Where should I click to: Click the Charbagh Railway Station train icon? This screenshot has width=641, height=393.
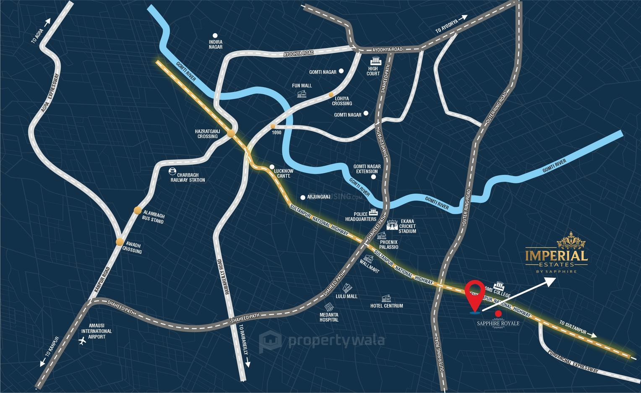click(172, 171)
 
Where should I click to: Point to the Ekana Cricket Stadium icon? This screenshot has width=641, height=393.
click(392, 226)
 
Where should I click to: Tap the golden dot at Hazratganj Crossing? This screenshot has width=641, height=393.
click(231, 134)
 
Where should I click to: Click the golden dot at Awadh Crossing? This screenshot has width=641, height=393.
click(120, 241)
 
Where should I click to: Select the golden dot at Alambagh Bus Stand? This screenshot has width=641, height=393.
click(138, 210)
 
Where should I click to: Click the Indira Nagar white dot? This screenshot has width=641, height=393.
click(215, 36)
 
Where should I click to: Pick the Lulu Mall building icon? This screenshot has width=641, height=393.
click(347, 288)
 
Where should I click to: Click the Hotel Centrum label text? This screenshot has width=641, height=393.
click(386, 306)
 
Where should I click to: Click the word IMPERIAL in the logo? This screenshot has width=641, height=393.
click(556, 255)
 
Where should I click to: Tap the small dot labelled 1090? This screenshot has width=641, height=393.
click(273, 126)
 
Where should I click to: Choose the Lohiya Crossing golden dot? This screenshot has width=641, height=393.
click(331, 94)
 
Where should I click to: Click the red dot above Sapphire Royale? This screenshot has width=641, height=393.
click(498, 313)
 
